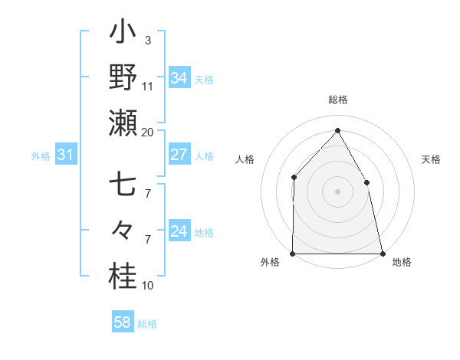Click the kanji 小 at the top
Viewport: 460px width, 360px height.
123,34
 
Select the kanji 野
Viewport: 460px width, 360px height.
123,78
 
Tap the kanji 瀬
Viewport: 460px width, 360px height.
123,123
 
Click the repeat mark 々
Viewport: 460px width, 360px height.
123,229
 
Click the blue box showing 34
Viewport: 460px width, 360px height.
179,77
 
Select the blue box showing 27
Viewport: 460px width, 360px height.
179,155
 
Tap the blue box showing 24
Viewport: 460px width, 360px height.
179,231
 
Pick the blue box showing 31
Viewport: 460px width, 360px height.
66,155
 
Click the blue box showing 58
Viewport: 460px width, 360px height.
123,322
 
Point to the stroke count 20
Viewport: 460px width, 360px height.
147,132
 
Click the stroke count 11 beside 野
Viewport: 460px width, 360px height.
147,86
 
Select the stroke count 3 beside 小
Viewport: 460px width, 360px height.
147,40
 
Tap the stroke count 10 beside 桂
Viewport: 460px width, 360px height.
147,286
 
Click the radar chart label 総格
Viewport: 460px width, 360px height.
337,100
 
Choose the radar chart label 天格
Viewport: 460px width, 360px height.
431,159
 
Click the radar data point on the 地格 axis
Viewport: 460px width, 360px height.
382,253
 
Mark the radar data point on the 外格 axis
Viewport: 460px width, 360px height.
293,253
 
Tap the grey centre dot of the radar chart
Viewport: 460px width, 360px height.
337,191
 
